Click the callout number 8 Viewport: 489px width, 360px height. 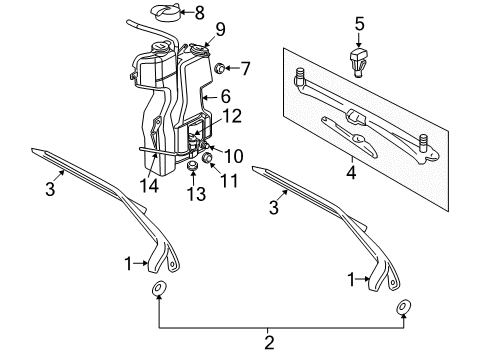click(200, 13)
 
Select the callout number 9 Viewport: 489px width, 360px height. click(219, 27)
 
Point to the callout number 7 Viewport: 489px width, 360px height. click(247, 68)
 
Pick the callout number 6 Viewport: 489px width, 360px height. click(224, 96)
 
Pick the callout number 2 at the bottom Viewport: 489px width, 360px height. click(268, 344)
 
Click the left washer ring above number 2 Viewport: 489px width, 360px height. click(158, 291)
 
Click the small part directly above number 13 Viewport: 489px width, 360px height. click(193, 167)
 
